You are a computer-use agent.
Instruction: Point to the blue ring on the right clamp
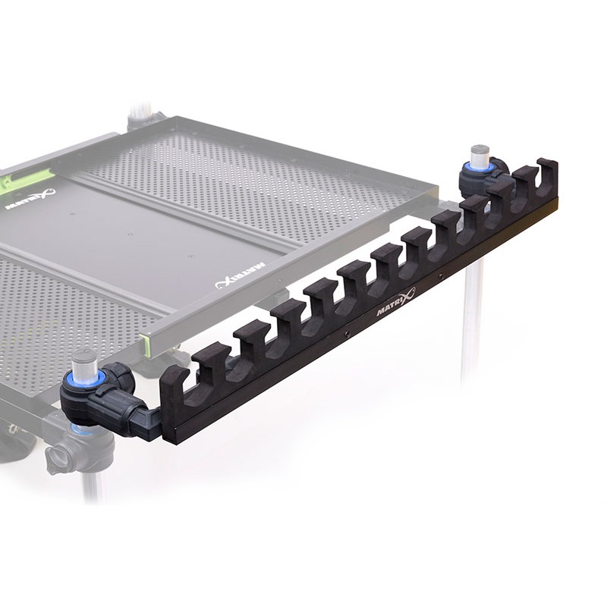480,168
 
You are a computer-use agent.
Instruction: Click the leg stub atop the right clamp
480,156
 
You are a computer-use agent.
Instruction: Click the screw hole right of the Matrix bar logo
440,278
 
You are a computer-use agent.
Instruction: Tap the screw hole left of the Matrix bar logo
347,332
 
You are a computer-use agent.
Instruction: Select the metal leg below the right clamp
472,319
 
